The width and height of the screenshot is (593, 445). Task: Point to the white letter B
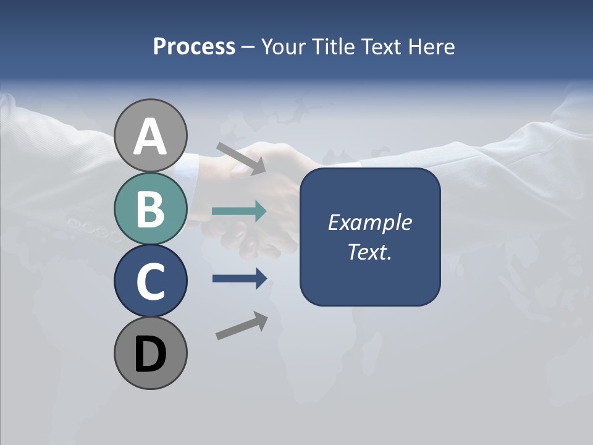point(151,209)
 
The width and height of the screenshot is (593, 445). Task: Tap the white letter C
point(151,281)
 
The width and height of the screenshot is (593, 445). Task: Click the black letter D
point(151,354)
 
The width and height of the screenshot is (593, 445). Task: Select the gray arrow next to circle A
point(240,158)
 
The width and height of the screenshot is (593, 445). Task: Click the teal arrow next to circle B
point(238,211)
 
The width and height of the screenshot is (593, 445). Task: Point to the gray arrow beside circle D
point(242,325)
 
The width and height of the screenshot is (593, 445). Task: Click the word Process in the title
point(194,47)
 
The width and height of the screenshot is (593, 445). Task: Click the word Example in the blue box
point(369,222)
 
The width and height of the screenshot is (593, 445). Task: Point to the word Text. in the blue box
point(369,252)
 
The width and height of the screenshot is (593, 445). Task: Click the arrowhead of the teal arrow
point(260,211)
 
